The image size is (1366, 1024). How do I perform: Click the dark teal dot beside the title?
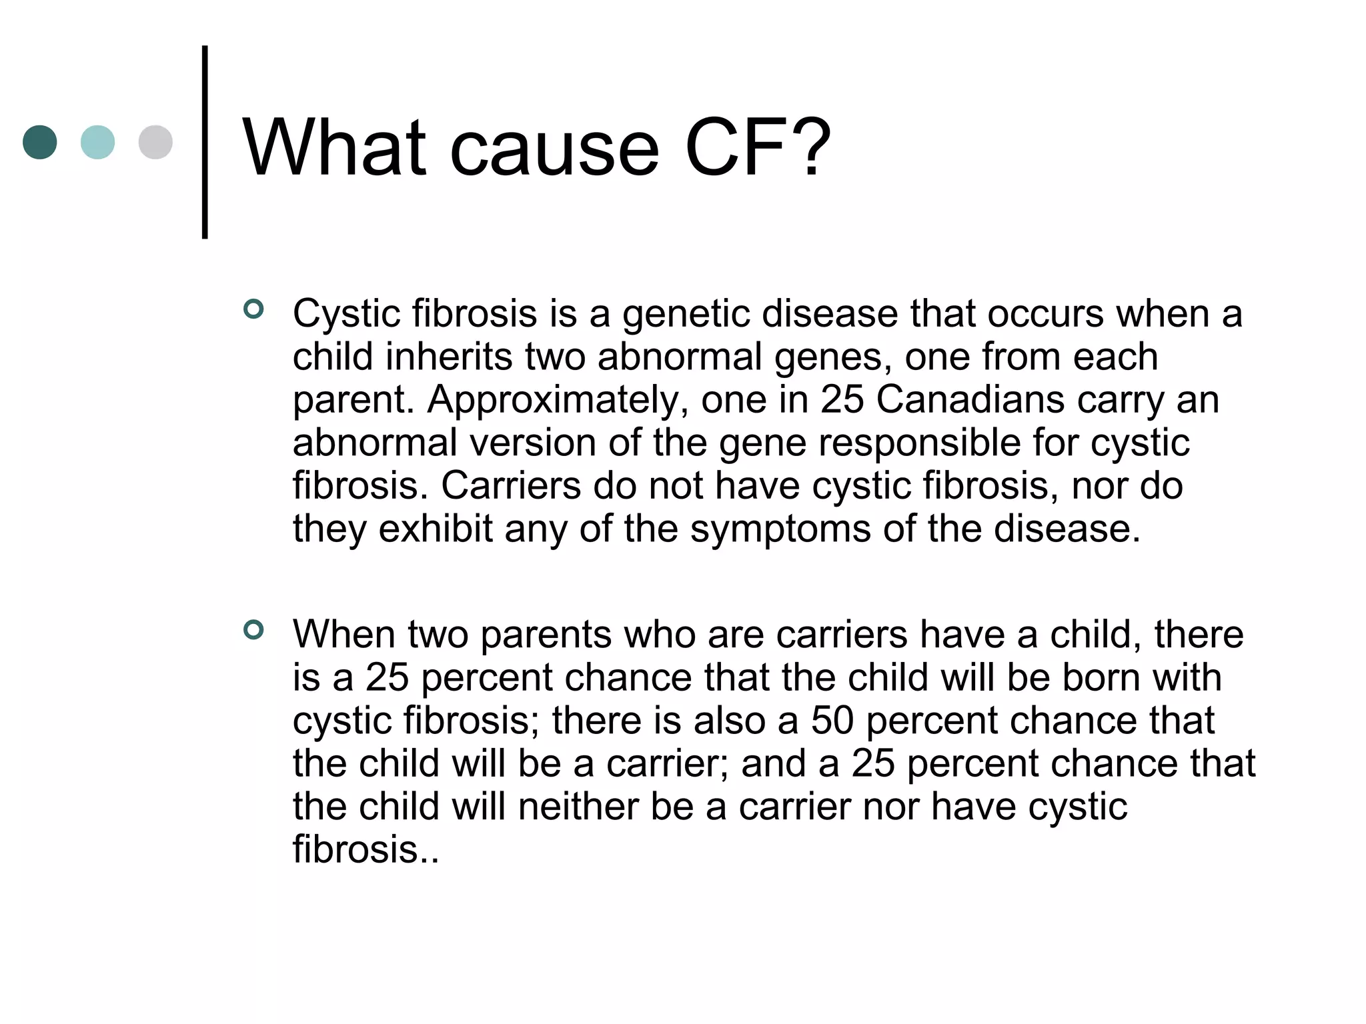[40, 142]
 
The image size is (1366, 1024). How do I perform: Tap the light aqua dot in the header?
[97, 142]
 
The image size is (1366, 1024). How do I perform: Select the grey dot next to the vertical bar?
[155, 142]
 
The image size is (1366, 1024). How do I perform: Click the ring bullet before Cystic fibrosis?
[253, 309]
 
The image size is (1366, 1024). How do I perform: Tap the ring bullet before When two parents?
[253, 629]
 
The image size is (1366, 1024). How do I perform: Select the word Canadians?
[970, 400]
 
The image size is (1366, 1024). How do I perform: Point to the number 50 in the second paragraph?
[832, 721]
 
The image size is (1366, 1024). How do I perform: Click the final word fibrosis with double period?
[366, 849]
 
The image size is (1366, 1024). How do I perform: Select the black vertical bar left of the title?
[205, 142]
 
